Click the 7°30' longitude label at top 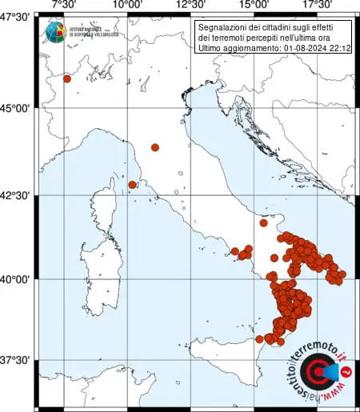click(x=63, y=6)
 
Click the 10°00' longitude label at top click(x=127, y=6)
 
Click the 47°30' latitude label click(x=16, y=17)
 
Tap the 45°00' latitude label click(x=16, y=109)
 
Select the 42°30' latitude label click(x=16, y=196)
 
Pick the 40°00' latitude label click(x=16, y=279)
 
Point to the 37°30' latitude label click(x=16, y=360)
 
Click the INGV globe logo click(x=55, y=33)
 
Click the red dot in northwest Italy click(x=67, y=78)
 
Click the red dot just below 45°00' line click(x=155, y=147)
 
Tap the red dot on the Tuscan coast click(x=132, y=185)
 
